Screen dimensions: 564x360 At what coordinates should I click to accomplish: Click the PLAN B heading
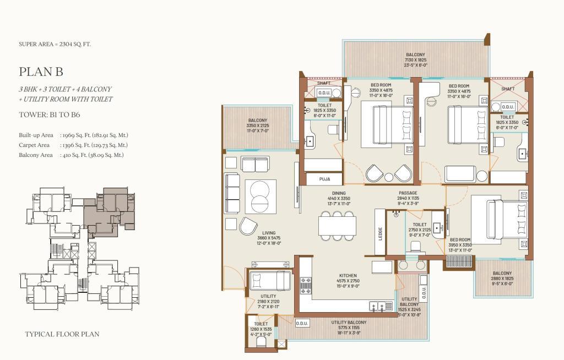click(41, 72)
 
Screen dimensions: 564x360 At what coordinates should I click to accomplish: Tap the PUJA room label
click(324, 179)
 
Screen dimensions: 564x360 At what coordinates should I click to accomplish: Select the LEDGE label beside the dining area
click(380, 234)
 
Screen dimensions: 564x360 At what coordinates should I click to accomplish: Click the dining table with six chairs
click(337, 226)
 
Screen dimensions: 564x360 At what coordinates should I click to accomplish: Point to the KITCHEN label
click(348, 275)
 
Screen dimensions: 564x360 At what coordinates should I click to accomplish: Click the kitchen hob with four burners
click(306, 285)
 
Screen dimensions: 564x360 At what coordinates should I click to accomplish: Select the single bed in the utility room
click(270, 280)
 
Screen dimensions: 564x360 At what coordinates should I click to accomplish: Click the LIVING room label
click(269, 233)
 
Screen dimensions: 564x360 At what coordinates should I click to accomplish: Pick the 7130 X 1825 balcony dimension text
click(415, 60)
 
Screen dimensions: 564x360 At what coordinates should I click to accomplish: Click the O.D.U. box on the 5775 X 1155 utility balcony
click(302, 323)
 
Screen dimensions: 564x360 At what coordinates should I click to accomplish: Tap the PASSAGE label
click(408, 193)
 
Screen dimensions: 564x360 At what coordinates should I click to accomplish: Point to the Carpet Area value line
click(73, 145)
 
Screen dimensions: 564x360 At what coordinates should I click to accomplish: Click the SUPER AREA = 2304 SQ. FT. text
click(55, 44)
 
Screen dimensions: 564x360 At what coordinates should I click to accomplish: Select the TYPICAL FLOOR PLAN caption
click(62, 334)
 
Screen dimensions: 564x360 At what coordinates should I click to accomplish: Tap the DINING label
click(339, 193)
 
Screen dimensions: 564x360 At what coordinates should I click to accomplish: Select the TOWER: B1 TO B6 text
click(49, 115)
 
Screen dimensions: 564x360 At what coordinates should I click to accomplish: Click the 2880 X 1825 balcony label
click(502, 279)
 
